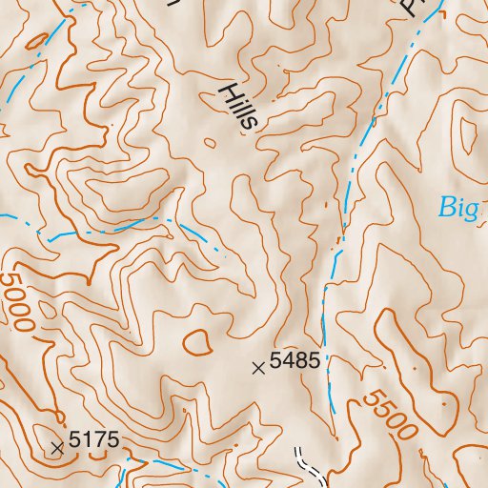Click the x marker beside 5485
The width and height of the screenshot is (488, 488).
coord(257,367)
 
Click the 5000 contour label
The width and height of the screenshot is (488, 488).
coord(18,302)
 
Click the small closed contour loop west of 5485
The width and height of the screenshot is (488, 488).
coord(197,339)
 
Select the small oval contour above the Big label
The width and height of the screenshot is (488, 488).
coord(467,133)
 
